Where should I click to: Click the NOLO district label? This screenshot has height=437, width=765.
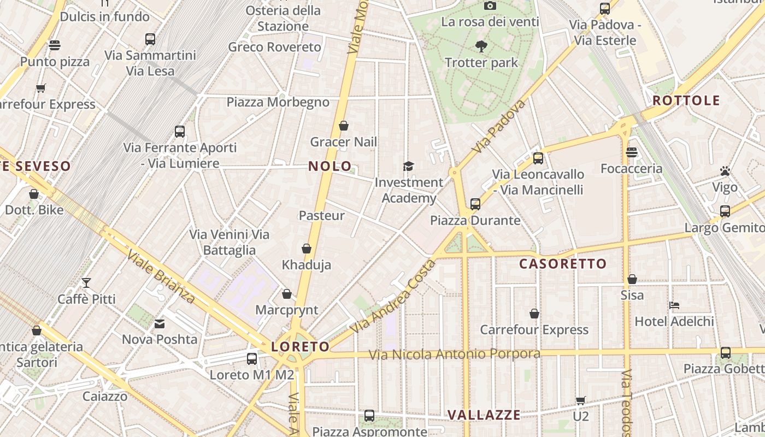click(330, 166)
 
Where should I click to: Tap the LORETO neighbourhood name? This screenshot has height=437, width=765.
click(301, 347)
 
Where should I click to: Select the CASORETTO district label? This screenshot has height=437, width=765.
click(563, 264)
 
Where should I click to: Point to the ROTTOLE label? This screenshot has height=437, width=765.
click(686, 101)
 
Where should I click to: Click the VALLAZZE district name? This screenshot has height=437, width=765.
click(484, 415)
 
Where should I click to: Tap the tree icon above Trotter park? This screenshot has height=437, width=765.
click(481, 46)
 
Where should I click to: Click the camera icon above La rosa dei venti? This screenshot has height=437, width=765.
click(490, 5)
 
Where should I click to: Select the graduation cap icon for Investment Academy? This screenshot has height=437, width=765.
click(408, 166)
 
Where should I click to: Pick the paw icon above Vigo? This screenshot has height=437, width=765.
click(725, 171)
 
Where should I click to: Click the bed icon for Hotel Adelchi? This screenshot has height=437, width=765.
click(674, 305)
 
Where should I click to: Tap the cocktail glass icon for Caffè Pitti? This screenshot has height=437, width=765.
click(86, 283)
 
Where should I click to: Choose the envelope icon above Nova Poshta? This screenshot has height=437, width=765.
click(160, 324)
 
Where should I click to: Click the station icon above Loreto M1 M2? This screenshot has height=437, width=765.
click(252, 359)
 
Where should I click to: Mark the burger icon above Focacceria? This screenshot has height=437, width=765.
click(632, 152)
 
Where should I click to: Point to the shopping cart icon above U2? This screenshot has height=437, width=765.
click(580, 400)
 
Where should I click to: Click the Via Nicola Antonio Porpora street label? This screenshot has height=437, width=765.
click(454, 354)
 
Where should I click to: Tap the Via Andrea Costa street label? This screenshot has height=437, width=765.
click(393, 297)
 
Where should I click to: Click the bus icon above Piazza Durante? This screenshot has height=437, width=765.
click(475, 204)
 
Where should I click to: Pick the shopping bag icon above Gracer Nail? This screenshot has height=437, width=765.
click(344, 126)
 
